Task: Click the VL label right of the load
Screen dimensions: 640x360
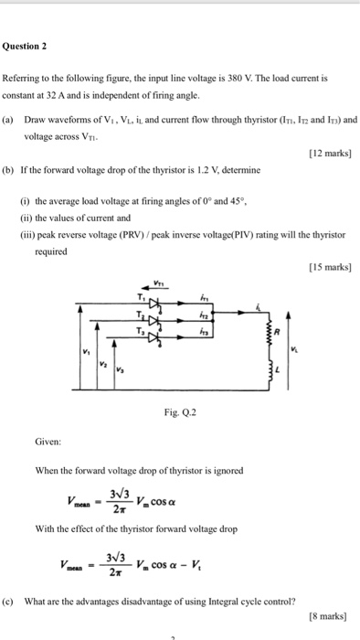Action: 319,348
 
